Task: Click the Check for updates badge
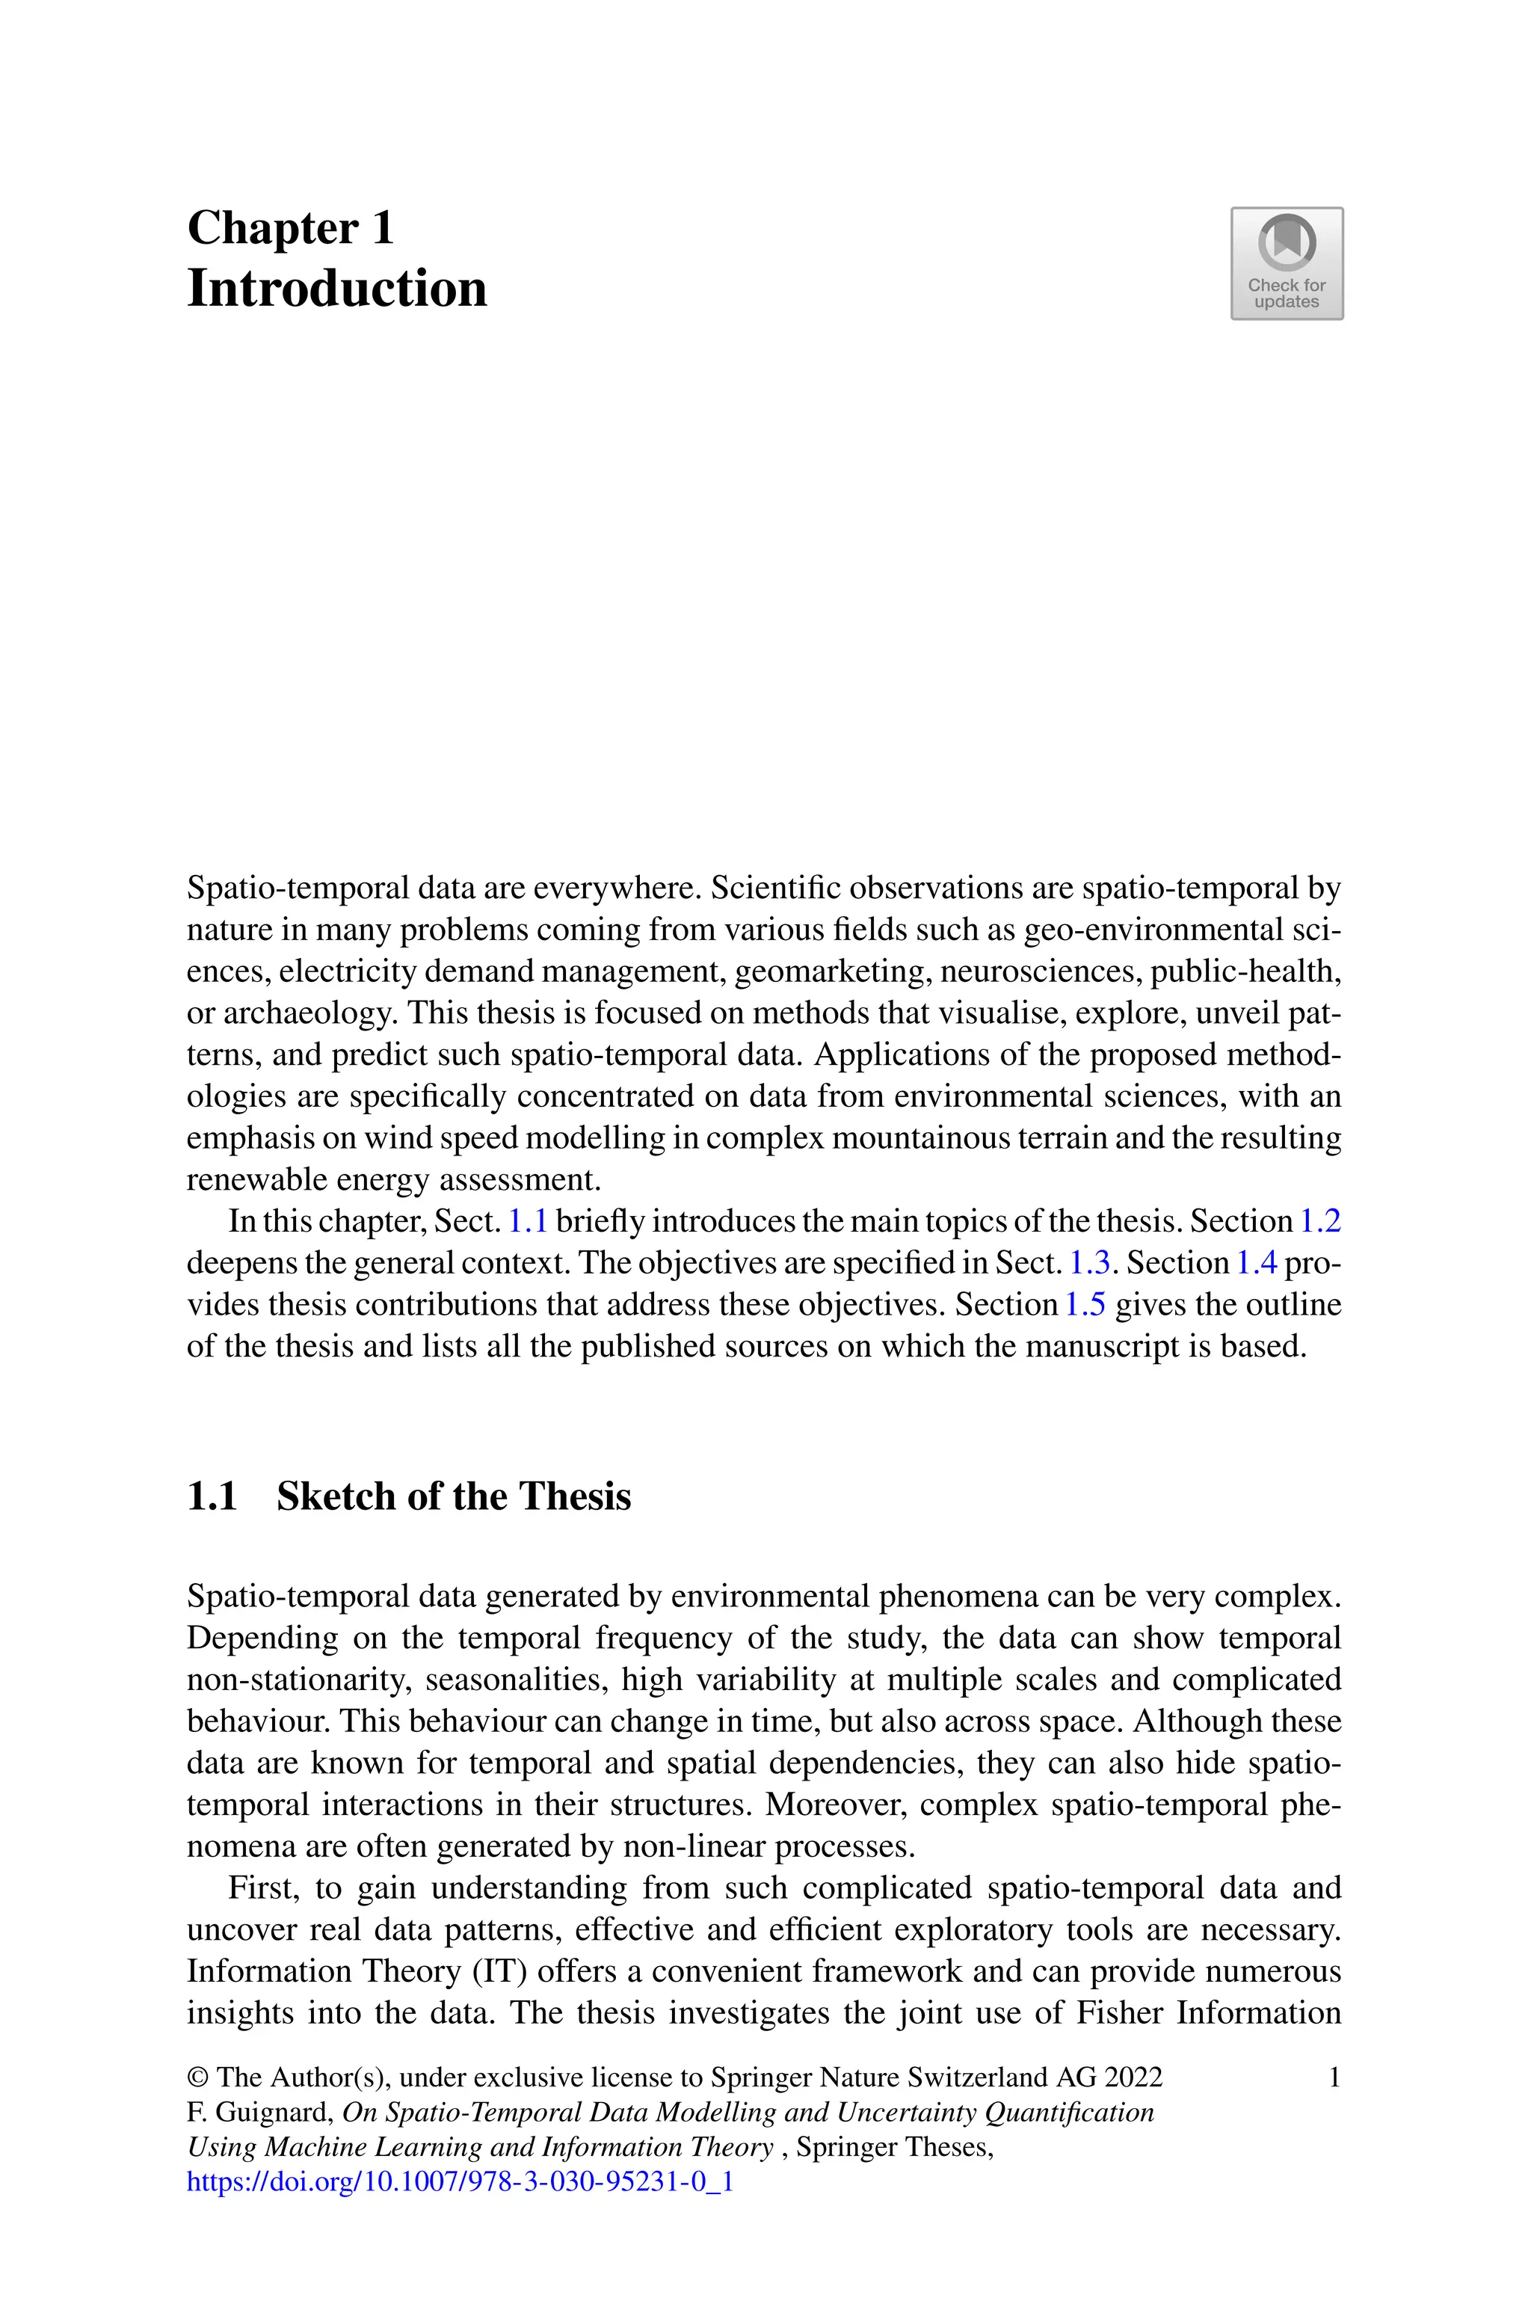pyautogui.click(x=1286, y=264)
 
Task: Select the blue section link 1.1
pyautogui.click(x=527, y=1221)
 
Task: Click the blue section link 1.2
pyautogui.click(x=1321, y=1221)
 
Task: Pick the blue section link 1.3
pyautogui.click(x=1090, y=1264)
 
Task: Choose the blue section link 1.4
pyautogui.click(x=1257, y=1264)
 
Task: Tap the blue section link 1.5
pyautogui.click(x=1084, y=1306)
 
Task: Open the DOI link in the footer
pyautogui.click(x=460, y=2181)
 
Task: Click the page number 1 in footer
pyautogui.click(x=1334, y=2077)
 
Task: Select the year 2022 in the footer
pyautogui.click(x=1133, y=2077)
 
